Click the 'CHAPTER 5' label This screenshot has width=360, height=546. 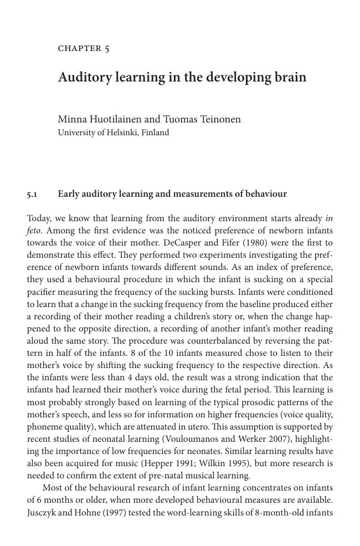pyautogui.click(x=84, y=49)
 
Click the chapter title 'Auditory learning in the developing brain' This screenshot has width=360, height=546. pyautogui.click(x=182, y=77)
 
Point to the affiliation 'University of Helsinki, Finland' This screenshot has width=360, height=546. pyautogui.click(x=113, y=133)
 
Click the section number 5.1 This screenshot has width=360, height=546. pyautogui.click(x=32, y=195)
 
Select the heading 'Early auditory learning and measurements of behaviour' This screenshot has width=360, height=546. pyautogui.click(x=172, y=194)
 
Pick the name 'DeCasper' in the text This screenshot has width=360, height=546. pyautogui.click(x=187, y=243)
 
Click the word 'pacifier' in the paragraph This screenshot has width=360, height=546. pyautogui.click(x=42, y=292)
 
